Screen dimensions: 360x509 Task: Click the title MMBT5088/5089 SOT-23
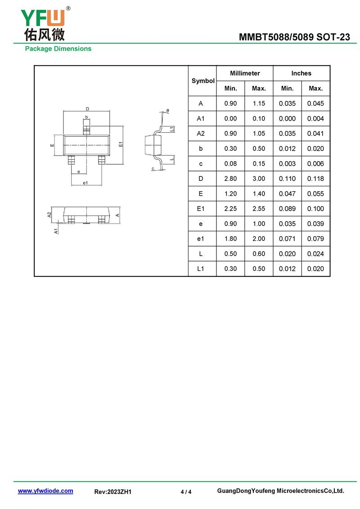click(294, 37)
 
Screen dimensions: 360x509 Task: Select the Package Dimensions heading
click(58, 49)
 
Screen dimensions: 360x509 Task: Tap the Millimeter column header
click(245, 73)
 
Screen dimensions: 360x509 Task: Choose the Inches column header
click(301, 73)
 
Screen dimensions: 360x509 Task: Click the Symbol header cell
click(203, 81)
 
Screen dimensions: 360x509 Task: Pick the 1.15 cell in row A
click(259, 104)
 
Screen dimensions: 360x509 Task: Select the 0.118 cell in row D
click(315, 179)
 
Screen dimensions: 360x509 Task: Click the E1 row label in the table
click(201, 209)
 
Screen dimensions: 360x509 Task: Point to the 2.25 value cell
click(230, 209)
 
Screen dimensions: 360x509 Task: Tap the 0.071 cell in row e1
click(287, 239)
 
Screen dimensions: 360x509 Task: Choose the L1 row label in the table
click(201, 269)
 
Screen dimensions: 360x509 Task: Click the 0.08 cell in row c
click(230, 164)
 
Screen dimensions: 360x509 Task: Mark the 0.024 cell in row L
click(315, 253)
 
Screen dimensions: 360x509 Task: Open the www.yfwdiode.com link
click(45, 491)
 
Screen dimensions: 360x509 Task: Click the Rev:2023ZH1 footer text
click(112, 492)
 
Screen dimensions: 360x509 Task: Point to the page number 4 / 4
click(186, 492)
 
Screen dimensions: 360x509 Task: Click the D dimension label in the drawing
click(87, 109)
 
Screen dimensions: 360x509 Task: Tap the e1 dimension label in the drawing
click(85, 183)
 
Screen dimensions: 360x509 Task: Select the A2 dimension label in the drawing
click(49, 215)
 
